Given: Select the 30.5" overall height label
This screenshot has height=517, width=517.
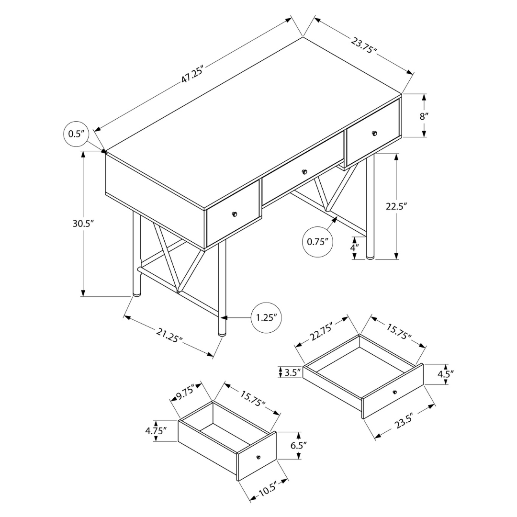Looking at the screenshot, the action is (83, 223).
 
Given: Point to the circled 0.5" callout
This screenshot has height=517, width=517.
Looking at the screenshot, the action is (77, 134).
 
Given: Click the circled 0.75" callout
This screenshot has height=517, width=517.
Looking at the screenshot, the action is (317, 242).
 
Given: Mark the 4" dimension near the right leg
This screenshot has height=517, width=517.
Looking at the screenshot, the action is (354, 247).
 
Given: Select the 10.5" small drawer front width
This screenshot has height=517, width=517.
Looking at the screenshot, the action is (268, 486).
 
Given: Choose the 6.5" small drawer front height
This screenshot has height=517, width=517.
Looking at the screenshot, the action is (298, 446).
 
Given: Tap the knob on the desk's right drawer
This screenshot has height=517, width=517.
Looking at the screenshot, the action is (374, 133).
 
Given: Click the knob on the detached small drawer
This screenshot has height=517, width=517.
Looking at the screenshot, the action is (258, 457).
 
